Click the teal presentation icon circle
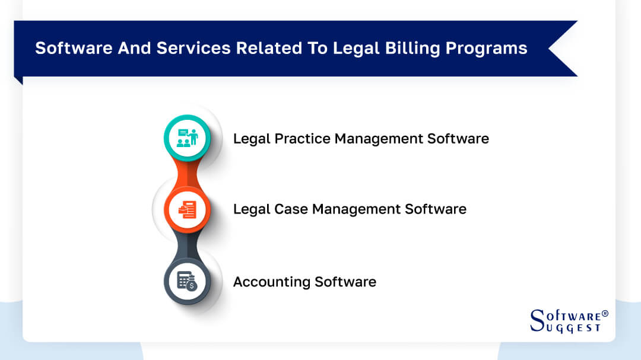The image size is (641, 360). point(187,138)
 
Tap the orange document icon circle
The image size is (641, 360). point(187,209)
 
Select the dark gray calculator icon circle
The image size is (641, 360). point(187,281)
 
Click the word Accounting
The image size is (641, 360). point(271,282)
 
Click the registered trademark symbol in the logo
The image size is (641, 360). point(605,313)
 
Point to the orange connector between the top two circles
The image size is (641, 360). point(188,173)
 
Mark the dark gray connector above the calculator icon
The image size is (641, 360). point(188,245)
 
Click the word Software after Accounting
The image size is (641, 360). point(345,282)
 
